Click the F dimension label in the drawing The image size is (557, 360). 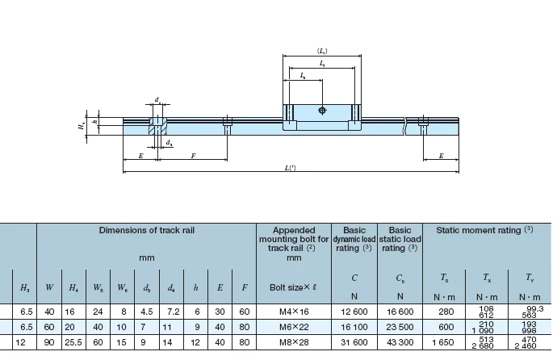tap(193, 156)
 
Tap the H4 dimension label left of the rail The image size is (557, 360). tap(81, 126)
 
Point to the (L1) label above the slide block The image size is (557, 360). tap(322, 49)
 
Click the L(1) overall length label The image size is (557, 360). tap(290, 166)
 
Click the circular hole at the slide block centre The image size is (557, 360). tap(322, 110)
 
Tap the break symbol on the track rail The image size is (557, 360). tap(404, 126)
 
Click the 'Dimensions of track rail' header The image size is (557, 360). tap(146, 231)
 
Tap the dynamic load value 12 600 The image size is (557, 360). tap(354, 310)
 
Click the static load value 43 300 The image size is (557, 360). tap(400, 343)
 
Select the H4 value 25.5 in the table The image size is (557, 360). tap(73, 343)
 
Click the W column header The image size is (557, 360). tap(49, 287)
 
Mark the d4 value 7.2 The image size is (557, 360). tap(172, 310)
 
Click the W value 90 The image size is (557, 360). tap(49, 343)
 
